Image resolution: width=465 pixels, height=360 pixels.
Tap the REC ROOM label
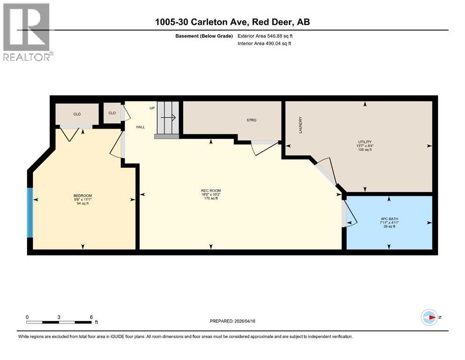(x=211, y=190)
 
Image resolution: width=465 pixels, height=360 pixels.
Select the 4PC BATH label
(x=388, y=218)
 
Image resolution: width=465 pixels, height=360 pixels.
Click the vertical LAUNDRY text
(x=300, y=125)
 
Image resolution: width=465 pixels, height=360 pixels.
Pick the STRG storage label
(x=251, y=120)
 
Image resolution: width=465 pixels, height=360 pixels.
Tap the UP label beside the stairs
(x=152, y=108)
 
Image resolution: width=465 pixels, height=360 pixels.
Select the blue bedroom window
(x=30, y=212)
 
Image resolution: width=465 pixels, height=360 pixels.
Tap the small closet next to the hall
(x=112, y=113)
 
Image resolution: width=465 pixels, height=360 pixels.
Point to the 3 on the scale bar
(x=59, y=317)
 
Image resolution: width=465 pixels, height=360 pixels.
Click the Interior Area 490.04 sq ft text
(x=265, y=44)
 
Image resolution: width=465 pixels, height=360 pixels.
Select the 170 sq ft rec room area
(x=211, y=198)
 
